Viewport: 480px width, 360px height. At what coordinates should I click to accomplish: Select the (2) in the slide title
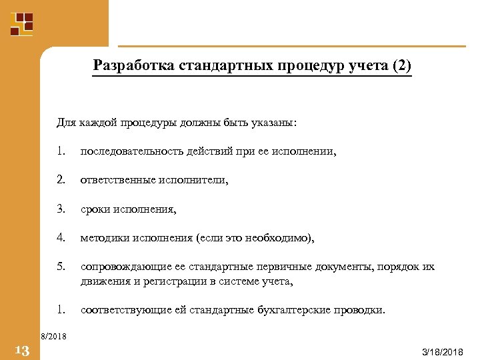(403, 67)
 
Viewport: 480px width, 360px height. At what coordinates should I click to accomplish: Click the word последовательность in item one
(130, 152)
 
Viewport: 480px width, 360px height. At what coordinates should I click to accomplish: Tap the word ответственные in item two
(118, 180)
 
